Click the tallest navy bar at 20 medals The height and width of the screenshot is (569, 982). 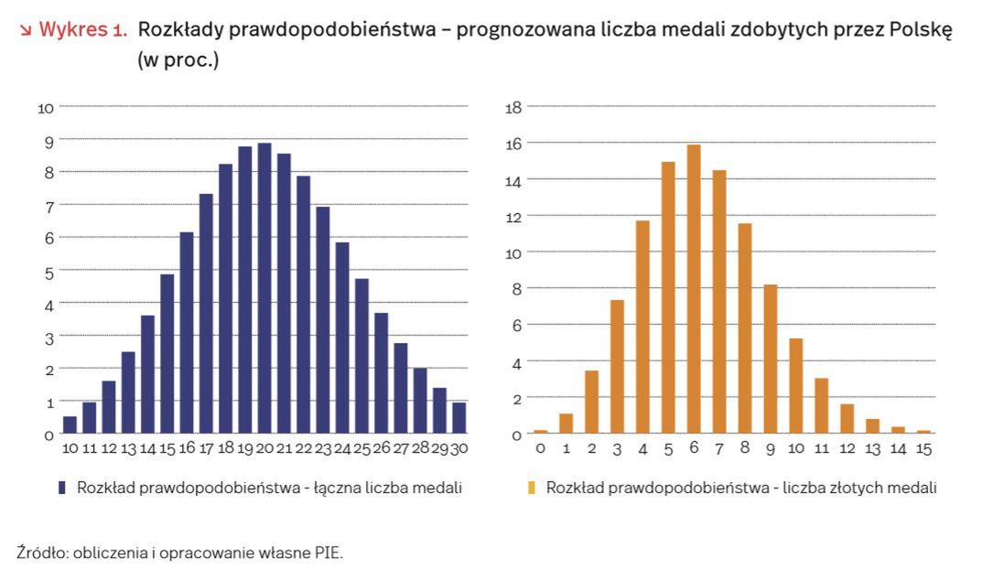[x=264, y=288]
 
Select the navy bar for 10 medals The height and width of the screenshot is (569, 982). [x=70, y=424]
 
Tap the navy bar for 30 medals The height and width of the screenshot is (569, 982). [x=459, y=418]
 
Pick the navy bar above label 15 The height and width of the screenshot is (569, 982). [x=167, y=353]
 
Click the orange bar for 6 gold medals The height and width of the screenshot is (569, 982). [x=694, y=289]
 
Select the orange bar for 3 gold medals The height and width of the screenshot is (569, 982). [x=617, y=366]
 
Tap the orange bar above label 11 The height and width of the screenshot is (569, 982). [x=822, y=405]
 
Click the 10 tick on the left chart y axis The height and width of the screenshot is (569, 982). [x=46, y=108]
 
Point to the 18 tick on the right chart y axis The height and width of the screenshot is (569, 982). [x=513, y=108]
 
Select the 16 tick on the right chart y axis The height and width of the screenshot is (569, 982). [x=513, y=144]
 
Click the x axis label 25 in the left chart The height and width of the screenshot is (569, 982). [x=362, y=449]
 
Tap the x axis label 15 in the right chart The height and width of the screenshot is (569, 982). [x=923, y=449]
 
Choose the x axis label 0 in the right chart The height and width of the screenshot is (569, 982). [x=540, y=449]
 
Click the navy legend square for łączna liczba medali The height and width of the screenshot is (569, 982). [x=62, y=488]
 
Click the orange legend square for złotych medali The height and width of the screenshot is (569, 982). [x=531, y=488]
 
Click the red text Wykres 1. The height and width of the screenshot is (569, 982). [x=81, y=29]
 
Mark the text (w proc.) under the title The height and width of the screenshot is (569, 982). [x=178, y=62]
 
